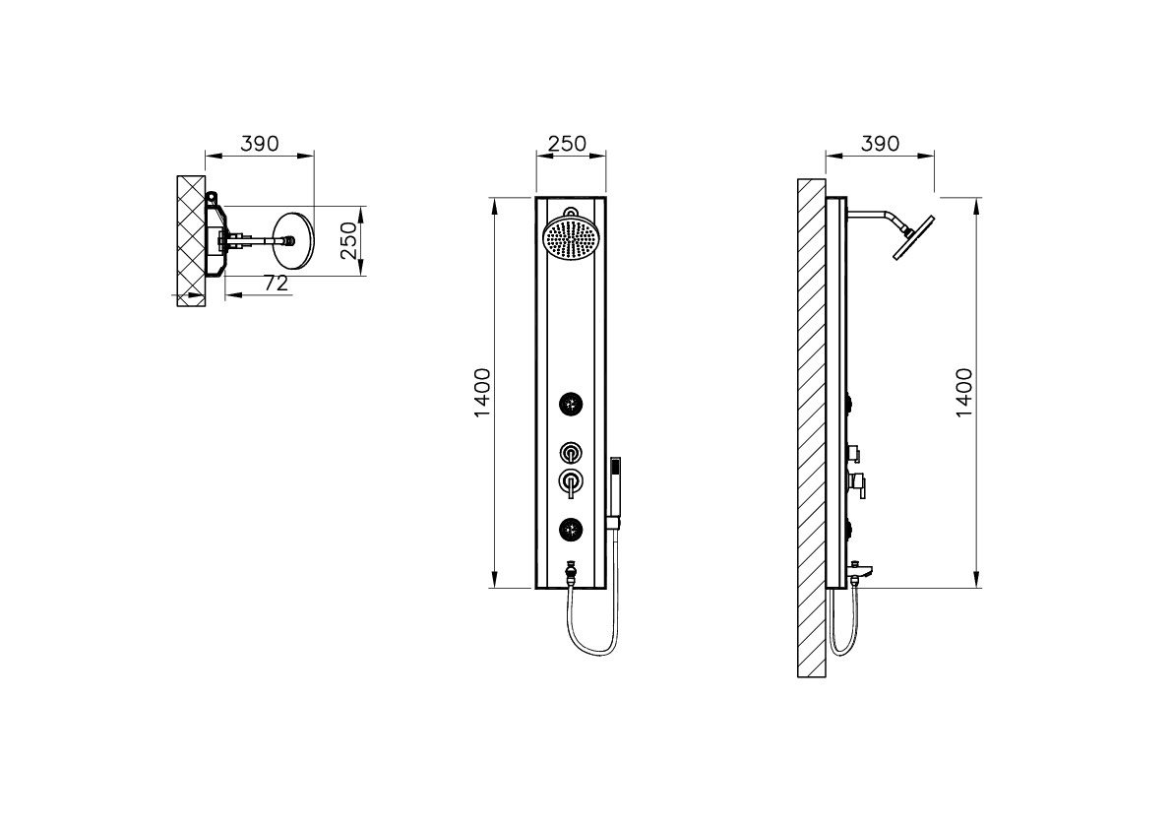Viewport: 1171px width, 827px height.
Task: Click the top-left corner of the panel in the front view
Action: pos(536,197)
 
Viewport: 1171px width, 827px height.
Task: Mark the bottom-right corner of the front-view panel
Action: pos(605,588)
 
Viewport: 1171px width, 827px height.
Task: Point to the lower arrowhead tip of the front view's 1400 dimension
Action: pos(494,588)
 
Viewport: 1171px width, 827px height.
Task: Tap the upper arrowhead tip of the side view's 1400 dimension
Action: pos(977,197)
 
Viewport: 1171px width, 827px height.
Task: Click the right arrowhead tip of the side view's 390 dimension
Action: pos(934,156)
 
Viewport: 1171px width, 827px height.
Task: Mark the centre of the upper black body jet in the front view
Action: pos(571,405)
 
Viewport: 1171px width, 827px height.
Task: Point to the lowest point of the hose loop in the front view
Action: pos(593,656)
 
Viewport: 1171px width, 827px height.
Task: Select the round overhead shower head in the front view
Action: pos(572,240)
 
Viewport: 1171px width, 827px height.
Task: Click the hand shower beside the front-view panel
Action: pos(615,493)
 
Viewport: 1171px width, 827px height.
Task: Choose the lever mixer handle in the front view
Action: pos(571,482)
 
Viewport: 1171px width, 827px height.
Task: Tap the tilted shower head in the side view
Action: pos(915,237)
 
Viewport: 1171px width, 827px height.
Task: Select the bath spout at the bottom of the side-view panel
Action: pos(860,580)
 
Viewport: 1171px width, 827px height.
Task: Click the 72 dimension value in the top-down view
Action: pos(276,284)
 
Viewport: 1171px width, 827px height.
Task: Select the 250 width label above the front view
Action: pos(567,143)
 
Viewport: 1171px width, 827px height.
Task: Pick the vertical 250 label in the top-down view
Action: pos(348,240)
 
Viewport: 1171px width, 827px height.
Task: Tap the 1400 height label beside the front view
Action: pos(482,392)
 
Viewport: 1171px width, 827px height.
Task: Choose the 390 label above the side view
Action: pos(880,143)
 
